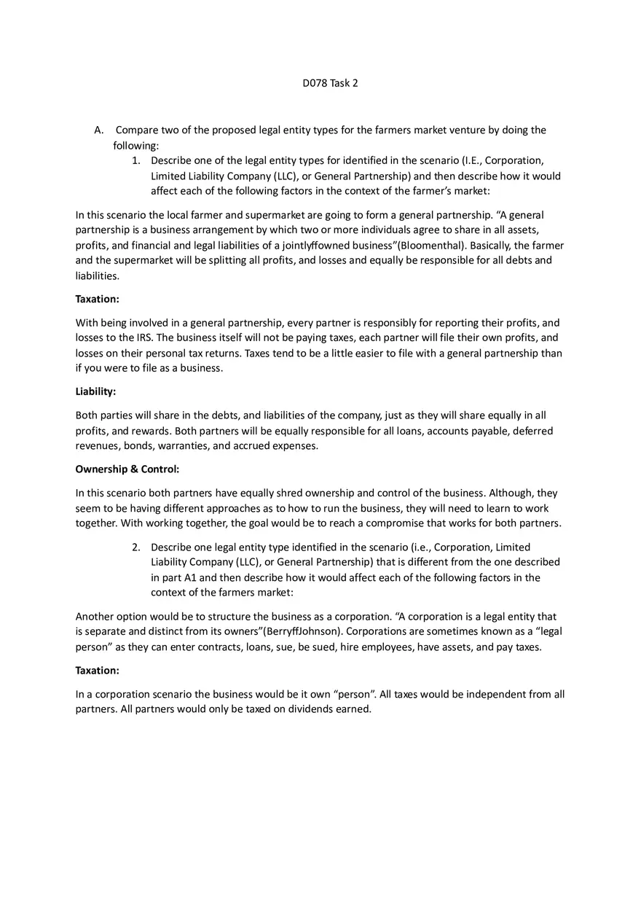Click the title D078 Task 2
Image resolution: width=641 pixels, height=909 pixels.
[x=330, y=83]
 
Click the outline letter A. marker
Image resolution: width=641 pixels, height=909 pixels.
[x=99, y=130]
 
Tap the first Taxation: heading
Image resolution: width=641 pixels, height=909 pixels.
[x=97, y=299]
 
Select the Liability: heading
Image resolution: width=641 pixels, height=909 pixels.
[x=95, y=392]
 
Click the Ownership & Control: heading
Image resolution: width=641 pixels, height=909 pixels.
[x=127, y=469]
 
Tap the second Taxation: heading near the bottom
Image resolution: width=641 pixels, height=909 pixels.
[x=97, y=671]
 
